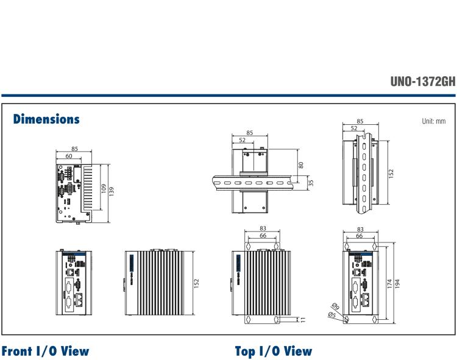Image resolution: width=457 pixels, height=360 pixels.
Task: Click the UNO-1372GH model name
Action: point(423,81)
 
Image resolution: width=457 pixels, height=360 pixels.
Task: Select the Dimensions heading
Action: point(46,119)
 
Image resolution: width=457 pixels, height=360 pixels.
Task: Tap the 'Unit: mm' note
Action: point(434,121)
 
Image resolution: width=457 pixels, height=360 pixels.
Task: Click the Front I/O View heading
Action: point(45,351)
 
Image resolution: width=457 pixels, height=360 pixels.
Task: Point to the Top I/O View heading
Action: point(274,351)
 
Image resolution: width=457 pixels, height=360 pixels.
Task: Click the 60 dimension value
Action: point(69,156)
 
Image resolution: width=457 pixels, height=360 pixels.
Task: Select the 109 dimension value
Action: point(104,188)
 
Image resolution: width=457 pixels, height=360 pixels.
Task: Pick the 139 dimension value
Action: point(111,191)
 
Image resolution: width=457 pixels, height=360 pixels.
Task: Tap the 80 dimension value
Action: point(301,165)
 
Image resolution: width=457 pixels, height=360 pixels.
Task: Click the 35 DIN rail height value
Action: point(311,183)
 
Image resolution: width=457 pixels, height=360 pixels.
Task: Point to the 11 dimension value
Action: point(303,320)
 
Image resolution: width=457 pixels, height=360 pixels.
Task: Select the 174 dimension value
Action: point(390,284)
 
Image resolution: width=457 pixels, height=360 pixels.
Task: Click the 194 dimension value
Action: point(397,284)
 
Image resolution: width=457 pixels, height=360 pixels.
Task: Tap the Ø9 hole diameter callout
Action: point(336,306)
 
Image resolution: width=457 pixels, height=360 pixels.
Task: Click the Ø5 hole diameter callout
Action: point(332,315)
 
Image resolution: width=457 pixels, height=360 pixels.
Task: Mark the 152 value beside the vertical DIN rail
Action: point(391,174)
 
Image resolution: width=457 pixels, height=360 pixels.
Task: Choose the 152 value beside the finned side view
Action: point(196,283)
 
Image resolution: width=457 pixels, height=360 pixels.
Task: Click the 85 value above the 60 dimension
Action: point(74,149)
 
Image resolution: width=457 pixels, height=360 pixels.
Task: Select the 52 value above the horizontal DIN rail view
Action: point(242,140)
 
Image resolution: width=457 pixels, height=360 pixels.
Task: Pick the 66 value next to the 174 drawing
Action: point(360,236)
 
